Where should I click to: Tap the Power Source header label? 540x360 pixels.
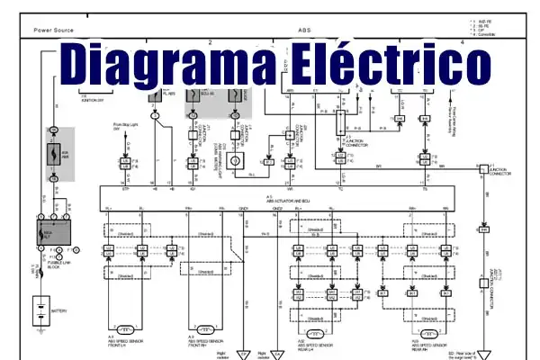coord(53,30)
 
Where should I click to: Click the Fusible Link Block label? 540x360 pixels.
coord(47,267)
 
